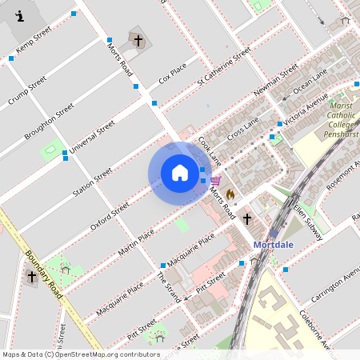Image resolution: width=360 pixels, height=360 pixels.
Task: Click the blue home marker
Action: coord(179,173)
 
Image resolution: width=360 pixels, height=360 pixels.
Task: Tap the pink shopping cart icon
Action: coord(215,182)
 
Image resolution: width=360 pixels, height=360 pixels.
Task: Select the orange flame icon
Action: coord(230,194)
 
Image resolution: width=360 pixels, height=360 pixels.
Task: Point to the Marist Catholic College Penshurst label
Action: coord(341,119)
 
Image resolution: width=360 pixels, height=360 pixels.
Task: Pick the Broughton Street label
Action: coord(49,121)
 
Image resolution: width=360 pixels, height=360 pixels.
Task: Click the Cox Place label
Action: coord(172,73)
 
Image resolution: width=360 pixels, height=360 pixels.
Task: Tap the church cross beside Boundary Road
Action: coord(32,277)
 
